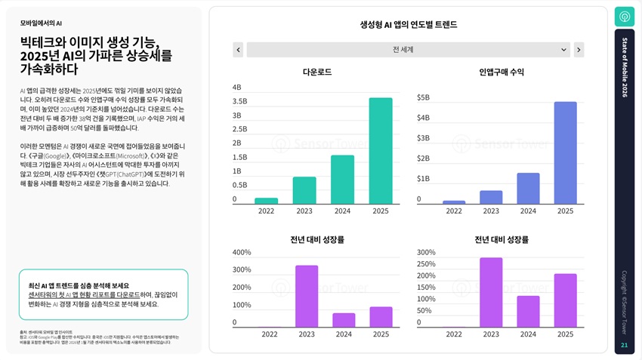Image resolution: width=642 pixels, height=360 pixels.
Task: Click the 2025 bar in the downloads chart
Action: pyautogui.click(x=381, y=151)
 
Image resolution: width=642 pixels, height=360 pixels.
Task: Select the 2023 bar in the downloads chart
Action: pyautogui.click(x=304, y=190)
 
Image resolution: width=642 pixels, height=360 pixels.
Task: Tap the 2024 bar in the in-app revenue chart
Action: pyautogui.click(x=528, y=189)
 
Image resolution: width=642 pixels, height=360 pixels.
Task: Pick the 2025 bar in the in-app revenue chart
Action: pyautogui.click(x=565, y=153)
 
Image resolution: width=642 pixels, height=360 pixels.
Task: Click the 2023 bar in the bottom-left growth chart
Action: pyautogui.click(x=307, y=296)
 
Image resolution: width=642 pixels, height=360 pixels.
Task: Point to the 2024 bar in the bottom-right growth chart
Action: pyautogui.click(x=528, y=311)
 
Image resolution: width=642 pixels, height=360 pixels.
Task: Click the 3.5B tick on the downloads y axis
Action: pyautogui.click(x=239, y=101)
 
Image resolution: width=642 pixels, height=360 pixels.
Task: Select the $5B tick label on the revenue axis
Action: pyautogui.click(x=423, y=97)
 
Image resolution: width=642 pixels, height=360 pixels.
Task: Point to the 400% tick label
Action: pyautogui.click(x=242, y=252)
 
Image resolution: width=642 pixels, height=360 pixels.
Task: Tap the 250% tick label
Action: pyautogui.click(x=426, y=264)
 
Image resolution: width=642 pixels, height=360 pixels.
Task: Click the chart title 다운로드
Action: pyautogui.click(x=316, y=72)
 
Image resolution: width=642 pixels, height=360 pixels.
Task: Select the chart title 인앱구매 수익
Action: pyautogui.click(x=501, y=72)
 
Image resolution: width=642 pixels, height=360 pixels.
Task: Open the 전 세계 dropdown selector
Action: pyautogui.click(x=408, y=50)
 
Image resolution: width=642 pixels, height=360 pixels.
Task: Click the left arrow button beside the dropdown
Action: pyautogui.click(x=238, y=50)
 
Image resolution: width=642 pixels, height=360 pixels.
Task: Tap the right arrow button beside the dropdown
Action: pyautogui.click(x=579, y=50)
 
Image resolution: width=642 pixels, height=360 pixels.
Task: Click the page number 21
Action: pyautogui.click(x=624, y=345)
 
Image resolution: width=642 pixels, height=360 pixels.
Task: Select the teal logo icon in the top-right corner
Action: pyautogui.click(x=625, y=17)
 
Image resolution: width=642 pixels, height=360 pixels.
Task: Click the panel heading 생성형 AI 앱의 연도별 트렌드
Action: pyautogui.click(x=408, y=24)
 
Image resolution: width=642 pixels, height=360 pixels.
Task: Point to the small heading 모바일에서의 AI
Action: pyautogui.click(x=41, y=23)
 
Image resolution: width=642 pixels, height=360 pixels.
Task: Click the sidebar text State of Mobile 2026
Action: pyautogui.click(x=625, y=67)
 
